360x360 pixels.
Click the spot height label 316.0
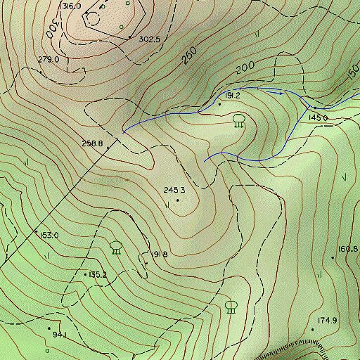(72, 6)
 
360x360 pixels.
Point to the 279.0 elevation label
(48, 60)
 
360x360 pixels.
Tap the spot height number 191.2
(233, 95)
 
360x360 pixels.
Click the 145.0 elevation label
(318, 117)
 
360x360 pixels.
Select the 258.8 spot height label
(92, 143)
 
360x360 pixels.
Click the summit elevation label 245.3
(174, 190)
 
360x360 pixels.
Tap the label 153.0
(49, 235)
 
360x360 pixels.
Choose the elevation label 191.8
(159, 255)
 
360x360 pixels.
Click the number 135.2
(97, 275)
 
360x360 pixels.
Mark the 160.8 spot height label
(348, 249)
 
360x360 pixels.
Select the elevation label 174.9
(327, 321)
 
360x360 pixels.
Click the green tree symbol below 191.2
(238, 121)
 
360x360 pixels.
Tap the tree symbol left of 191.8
(116, 247)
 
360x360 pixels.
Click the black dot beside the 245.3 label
(177, 200)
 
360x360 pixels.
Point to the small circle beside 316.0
(103, 6)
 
